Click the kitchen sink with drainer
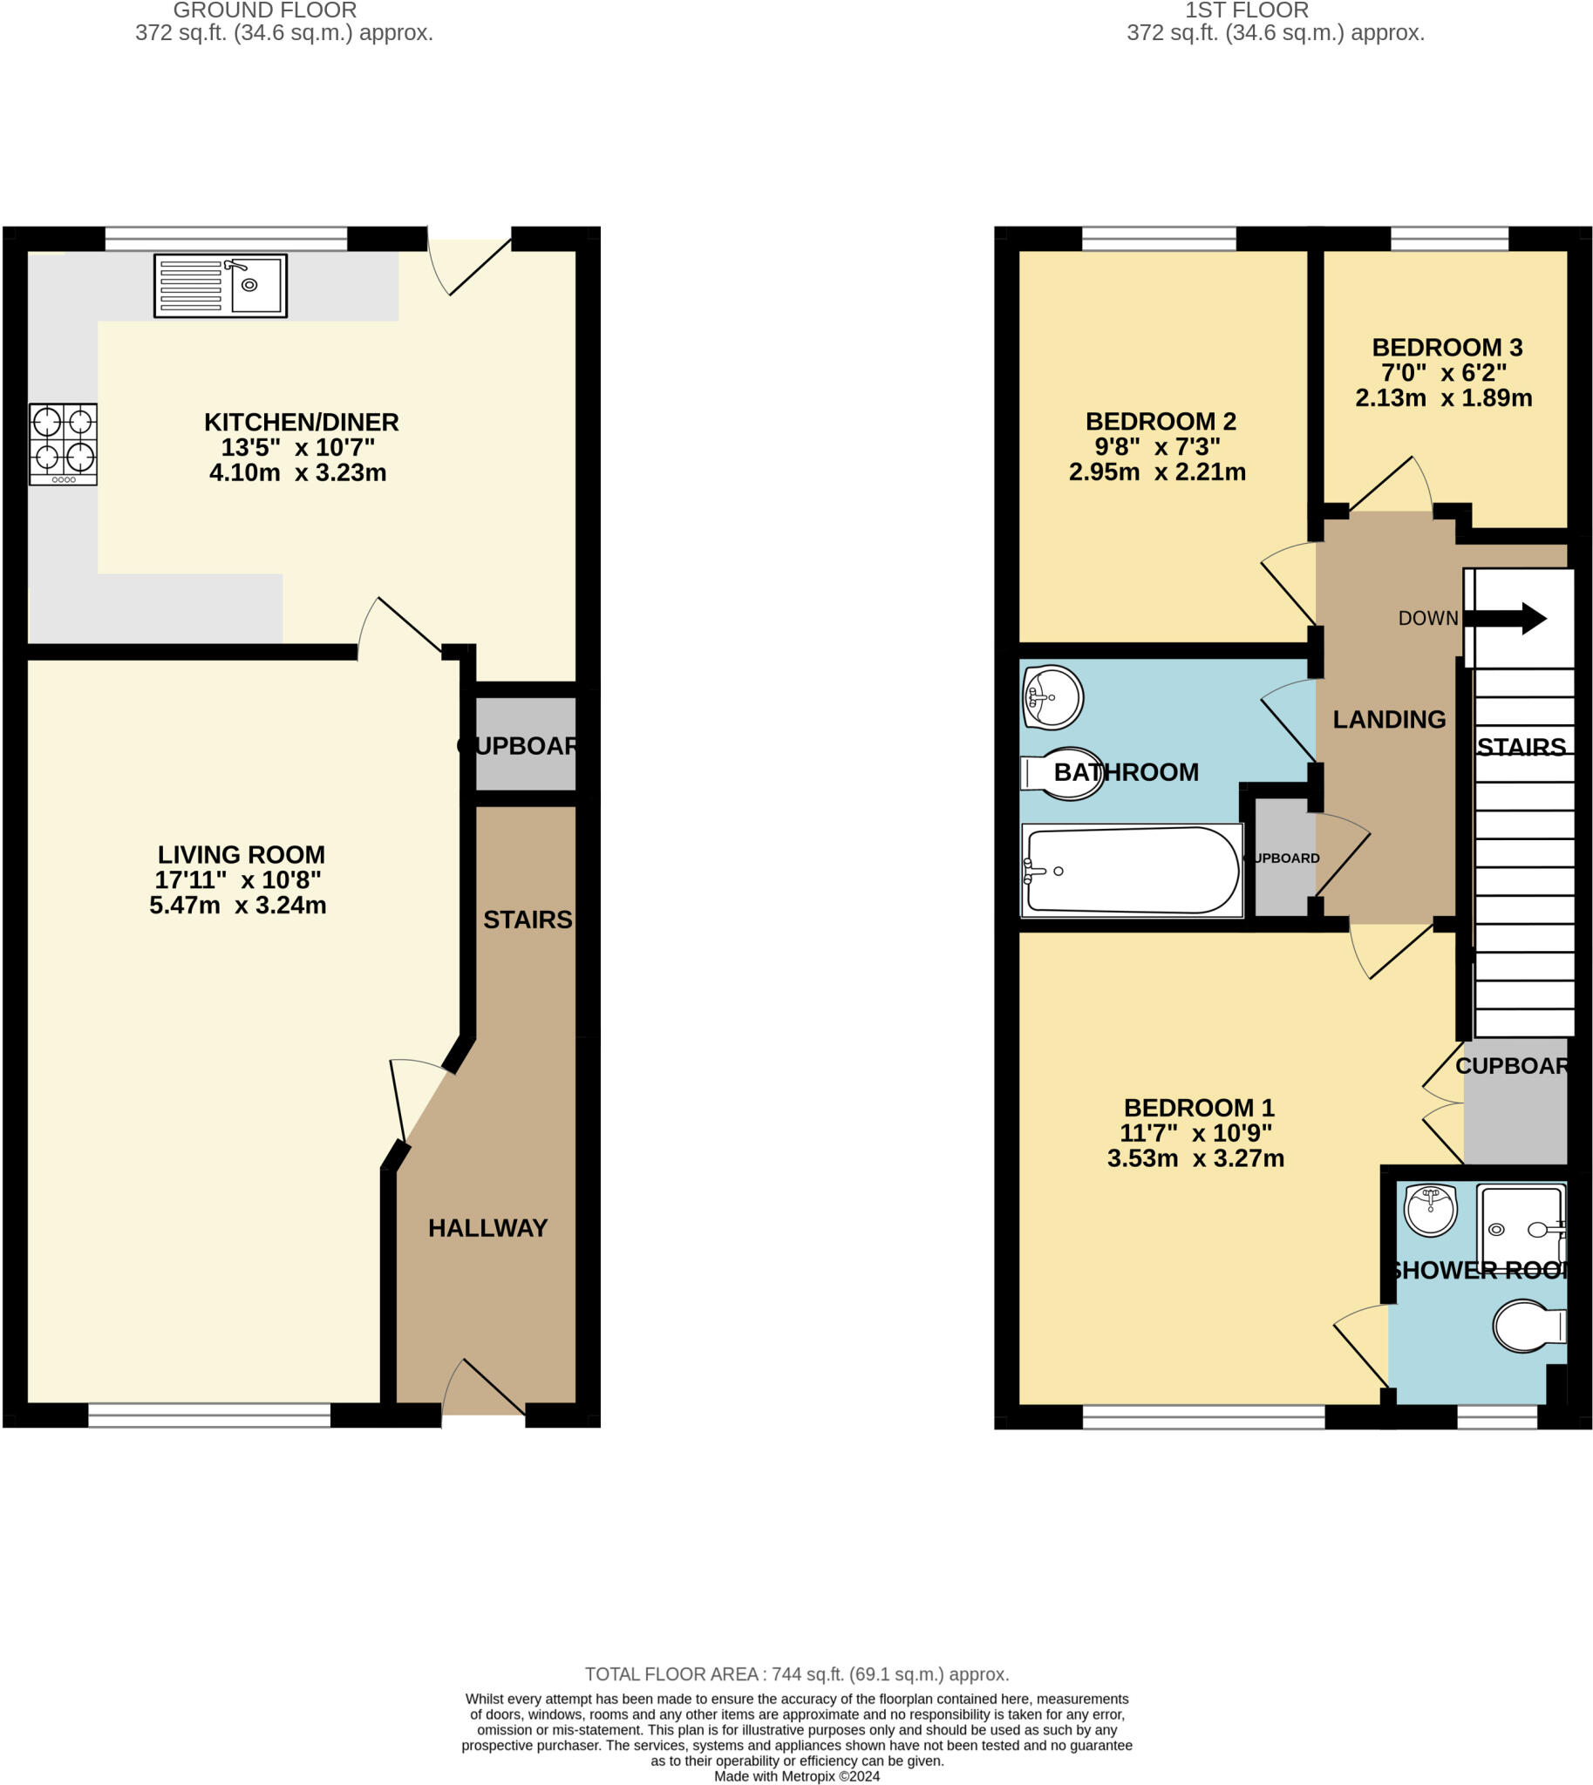click(220, 285)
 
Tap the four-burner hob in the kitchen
click(63, 444)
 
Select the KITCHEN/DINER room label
click(301, 422)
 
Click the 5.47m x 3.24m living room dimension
click(237, 905)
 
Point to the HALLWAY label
click(487, 1228)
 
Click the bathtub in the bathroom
click(1132, 871)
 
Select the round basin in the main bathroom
click(1053, 697)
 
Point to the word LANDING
click(1389, 719)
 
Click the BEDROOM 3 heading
click(1447, 348)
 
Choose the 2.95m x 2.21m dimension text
click(1157, 472)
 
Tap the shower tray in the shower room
click(1521, 1228)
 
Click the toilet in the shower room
click(1527, 1326)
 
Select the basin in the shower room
click(1430, 1211)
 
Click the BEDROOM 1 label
click(1199, 1108)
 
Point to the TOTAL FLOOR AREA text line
click(797, 1674)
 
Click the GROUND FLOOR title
click(264, 10)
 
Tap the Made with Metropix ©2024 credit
click(797, 1776)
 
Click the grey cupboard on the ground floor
click(525, 743)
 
